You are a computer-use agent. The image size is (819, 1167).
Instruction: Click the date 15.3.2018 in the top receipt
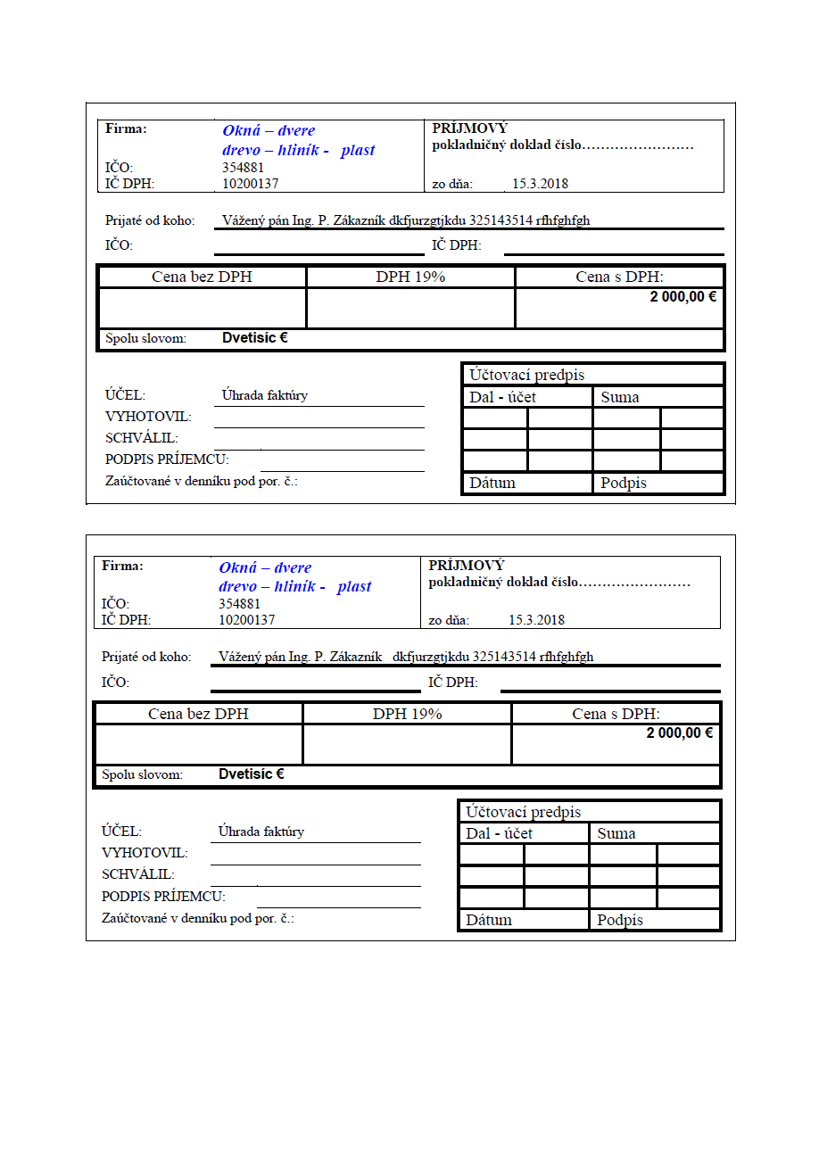(x=540, y=185)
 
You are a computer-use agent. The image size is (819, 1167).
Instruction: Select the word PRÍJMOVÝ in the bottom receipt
(x=466, y=566)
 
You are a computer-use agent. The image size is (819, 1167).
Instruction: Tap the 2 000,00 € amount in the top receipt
(x=682, y=297)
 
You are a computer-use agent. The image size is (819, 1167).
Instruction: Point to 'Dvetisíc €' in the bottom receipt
(x=251, y=774)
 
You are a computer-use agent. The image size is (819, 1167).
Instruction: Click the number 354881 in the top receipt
(x=243, y=168)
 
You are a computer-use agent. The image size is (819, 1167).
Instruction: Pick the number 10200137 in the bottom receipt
(x=246, y=620)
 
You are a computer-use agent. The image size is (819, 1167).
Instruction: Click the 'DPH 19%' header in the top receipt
(x=410, y=277)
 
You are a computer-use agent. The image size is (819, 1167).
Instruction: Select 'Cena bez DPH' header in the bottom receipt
(x=198, y=714)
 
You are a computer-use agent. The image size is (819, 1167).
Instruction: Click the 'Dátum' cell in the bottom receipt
(x=489, y=920)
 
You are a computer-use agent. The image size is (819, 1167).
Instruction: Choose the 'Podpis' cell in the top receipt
(x=624, y=484)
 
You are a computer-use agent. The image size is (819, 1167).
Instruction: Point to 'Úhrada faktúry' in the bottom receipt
(x=261, y=832)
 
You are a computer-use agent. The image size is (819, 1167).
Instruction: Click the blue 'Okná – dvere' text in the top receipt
(x=269, y=131)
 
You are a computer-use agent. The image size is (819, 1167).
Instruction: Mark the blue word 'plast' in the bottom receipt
(x=354, y=587)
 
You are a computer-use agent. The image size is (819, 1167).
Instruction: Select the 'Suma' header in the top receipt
(x=620, y=398)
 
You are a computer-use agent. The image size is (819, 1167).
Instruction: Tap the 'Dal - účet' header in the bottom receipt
(x=499, y=834)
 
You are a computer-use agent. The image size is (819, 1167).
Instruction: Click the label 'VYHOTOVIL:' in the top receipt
(x=148, y=417)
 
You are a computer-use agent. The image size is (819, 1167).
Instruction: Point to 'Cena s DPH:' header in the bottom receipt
(x=616, y=714)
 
